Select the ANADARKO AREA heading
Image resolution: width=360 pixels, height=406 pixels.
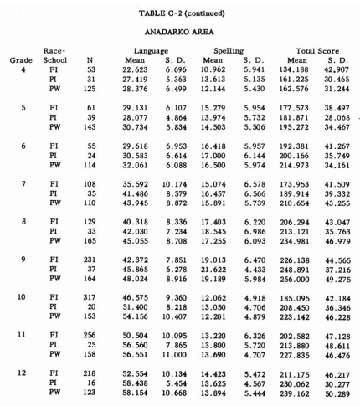(179, 34)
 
